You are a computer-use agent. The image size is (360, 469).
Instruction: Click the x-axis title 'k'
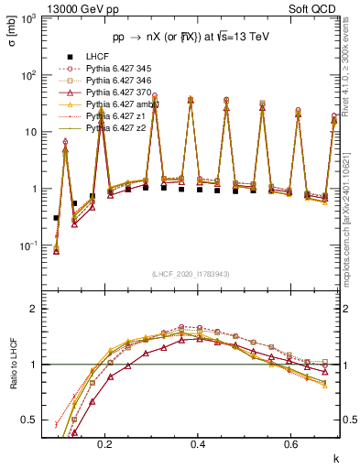point(335,457)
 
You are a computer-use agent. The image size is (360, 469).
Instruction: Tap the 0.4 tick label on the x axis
point(197,444)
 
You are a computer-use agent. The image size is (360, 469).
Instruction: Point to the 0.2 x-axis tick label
point(104,444)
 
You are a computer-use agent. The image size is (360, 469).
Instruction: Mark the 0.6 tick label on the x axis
point(289,444)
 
